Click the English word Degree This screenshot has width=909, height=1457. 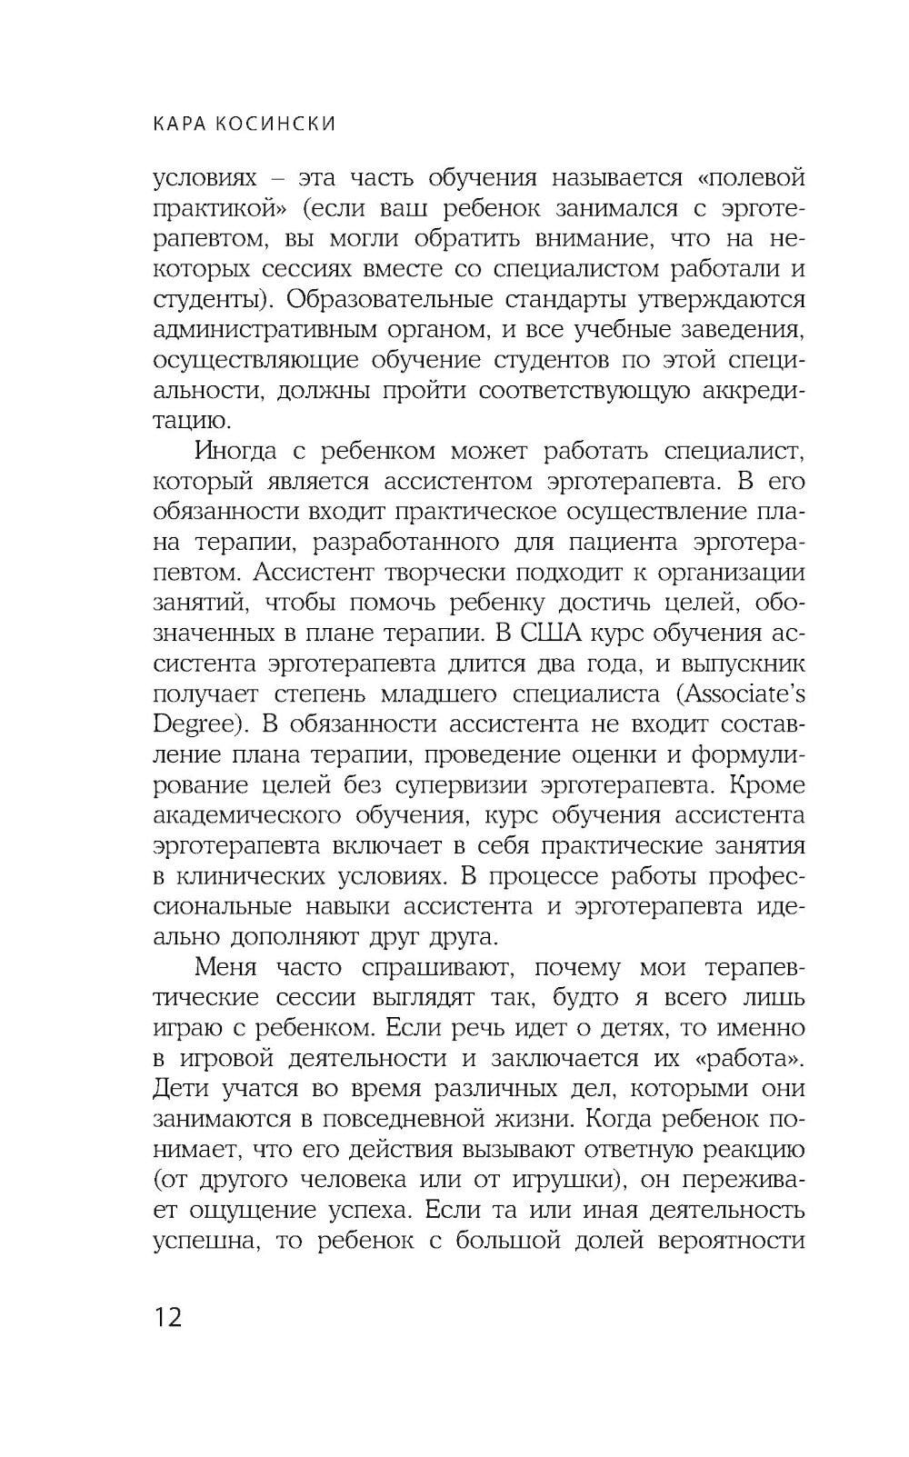pos(196,725)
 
